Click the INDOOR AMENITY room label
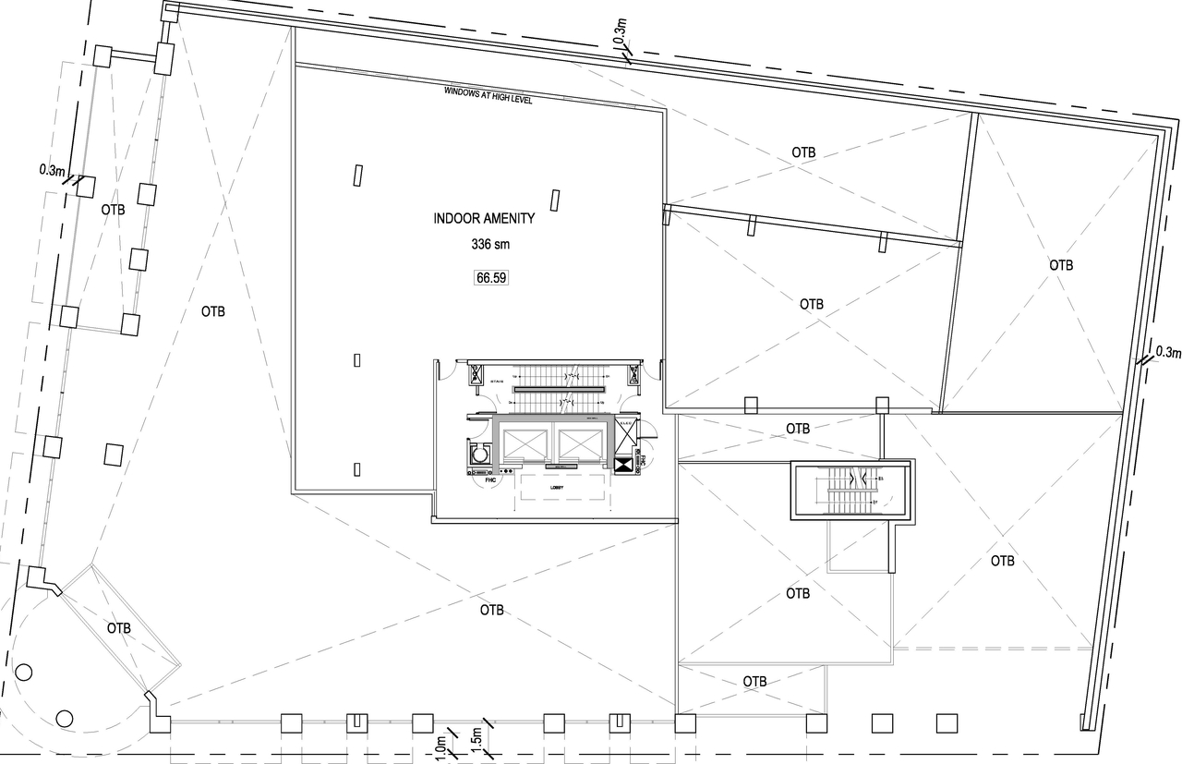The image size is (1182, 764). point(484,219)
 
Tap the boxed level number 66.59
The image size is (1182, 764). point(492,276)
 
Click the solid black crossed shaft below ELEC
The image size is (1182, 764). point(624,466)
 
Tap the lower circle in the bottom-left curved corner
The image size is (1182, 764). point(64,717)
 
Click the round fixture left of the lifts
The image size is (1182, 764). point(479,455)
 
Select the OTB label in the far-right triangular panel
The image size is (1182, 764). point(1061,265)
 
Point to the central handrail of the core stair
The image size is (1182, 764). point(558,389)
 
